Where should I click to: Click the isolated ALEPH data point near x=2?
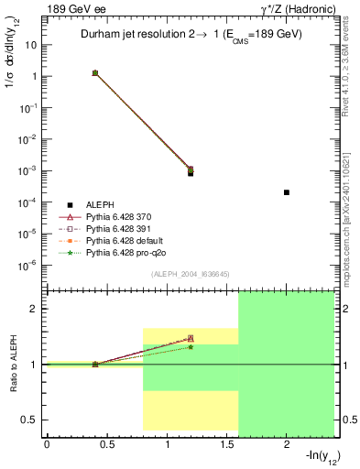pos(287,192)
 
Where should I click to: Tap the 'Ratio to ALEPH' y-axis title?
pos(14,365)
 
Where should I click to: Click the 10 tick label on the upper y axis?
pos(32,45)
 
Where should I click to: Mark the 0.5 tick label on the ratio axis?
pos(29,420)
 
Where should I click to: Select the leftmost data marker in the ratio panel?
pos(94,364)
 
